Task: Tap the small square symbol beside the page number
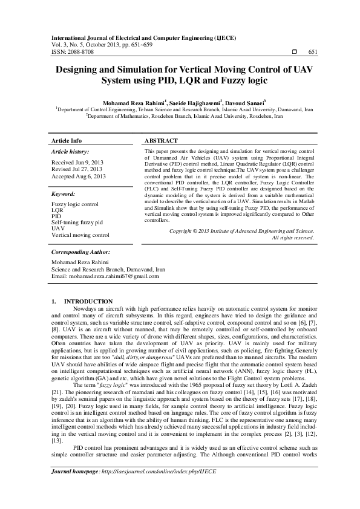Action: coord(293,53)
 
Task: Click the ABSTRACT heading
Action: coord(162,140)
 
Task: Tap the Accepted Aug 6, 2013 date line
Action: coord(79,177)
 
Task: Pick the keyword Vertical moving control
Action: coord(80,235)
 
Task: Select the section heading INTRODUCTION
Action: coord(88,301)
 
